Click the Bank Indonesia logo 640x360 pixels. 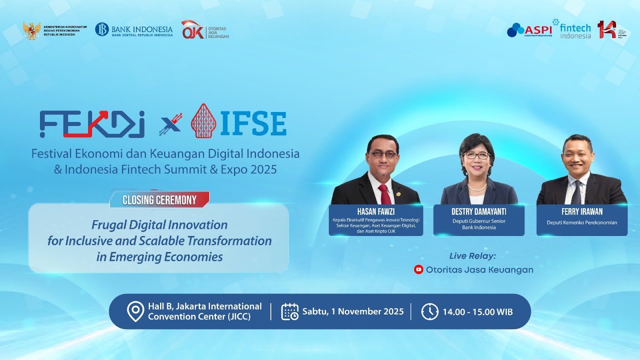pyautogui.click(x=133, y=29)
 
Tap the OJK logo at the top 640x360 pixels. pyautogui.click(x=204, y=30)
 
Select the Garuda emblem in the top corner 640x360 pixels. pyautogui.click(x=31, y=30)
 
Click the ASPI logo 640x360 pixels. pyautogui.click(x=529, y=30)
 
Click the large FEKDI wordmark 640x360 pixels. pyautogui.click(x=92, y=124)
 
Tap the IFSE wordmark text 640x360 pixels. pyautogui.click(x=253, y=124)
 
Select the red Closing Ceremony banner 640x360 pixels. pyautogui.click(x=159, y=200)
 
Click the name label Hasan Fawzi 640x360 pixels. pyautogui.click(x=375, y=211)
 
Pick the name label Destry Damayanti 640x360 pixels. pyautogui.click(x=478, y=211)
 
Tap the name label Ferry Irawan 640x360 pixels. pyautogui.click(x=581, y=211)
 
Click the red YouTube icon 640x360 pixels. pyautogui.click(x=418, y=269)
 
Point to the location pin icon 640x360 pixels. pyautogui.click(x=135, y=311)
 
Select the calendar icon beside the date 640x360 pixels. pyautogui.click(x=290, y=311)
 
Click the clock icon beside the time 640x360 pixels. pyautogui.click(x=429, y=311)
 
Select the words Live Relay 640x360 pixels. pyautogui.click(x=472, y=256)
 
